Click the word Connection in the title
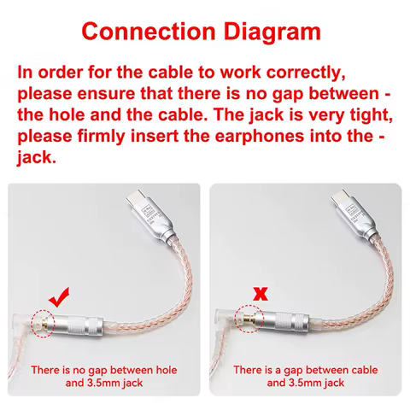(149, 31)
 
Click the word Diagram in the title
(272, 32)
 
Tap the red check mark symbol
(59, 297)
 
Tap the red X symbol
(261, 294)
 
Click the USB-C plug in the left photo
(150, 214)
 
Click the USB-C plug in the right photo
(354, 214)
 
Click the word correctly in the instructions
(306, 73)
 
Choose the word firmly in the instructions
(101, 137)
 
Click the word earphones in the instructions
(260, 137)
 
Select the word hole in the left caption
(167, 370)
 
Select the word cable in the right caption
(365, 370)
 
